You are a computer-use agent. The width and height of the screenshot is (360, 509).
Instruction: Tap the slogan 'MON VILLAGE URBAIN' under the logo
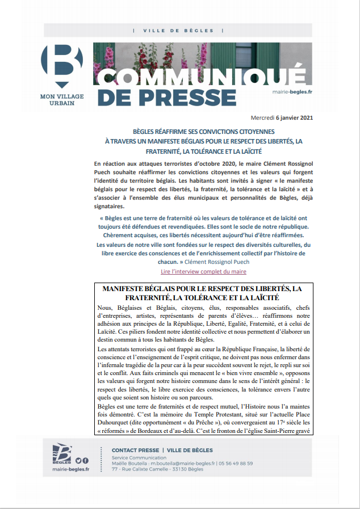pyautogui.click(x=61, y=100)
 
